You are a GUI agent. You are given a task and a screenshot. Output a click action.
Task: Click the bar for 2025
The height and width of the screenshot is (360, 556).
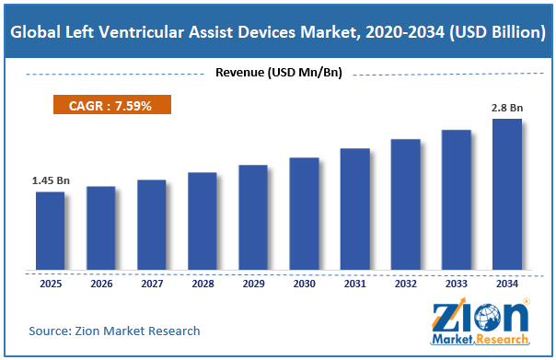51,231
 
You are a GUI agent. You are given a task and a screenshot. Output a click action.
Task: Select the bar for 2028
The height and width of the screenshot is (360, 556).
203,221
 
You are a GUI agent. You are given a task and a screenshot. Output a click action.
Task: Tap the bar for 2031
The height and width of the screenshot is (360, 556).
355,209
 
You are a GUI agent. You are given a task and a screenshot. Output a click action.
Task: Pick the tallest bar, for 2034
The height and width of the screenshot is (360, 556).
507,194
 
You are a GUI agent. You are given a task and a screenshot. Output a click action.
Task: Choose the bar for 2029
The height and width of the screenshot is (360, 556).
253,217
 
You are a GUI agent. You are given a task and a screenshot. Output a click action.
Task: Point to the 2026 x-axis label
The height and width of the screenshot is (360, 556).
101,284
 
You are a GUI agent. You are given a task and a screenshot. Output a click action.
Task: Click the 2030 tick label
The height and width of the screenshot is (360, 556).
305,284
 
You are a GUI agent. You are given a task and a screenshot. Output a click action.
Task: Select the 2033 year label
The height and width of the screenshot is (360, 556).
457,284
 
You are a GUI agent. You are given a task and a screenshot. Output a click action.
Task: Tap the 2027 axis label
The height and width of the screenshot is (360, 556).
152,284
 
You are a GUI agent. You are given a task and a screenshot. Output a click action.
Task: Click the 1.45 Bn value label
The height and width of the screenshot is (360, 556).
51,180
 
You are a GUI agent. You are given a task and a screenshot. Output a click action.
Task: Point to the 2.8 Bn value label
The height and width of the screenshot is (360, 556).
507,108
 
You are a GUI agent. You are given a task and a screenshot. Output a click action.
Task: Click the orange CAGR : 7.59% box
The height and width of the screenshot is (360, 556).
112,105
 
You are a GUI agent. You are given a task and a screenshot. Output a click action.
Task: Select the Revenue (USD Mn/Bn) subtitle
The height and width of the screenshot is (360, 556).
279,73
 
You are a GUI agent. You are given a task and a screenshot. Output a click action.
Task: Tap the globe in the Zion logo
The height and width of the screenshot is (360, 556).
488,318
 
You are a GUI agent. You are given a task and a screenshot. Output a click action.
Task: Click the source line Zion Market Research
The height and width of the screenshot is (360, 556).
114,331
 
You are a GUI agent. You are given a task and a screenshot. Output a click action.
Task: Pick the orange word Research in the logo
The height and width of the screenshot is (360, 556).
503,340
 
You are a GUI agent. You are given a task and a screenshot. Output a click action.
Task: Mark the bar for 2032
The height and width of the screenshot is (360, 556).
406,204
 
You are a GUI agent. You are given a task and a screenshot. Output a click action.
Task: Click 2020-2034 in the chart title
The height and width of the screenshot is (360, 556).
405,32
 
